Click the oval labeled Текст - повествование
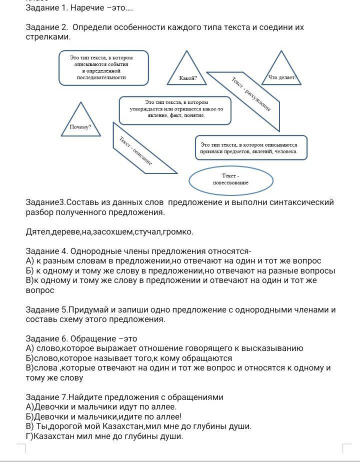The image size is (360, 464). tap(230, 179)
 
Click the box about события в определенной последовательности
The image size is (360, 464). tap(103, 67)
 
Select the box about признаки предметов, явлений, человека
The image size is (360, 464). tap(250, 147)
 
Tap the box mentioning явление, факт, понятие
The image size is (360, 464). tap(175, 109)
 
